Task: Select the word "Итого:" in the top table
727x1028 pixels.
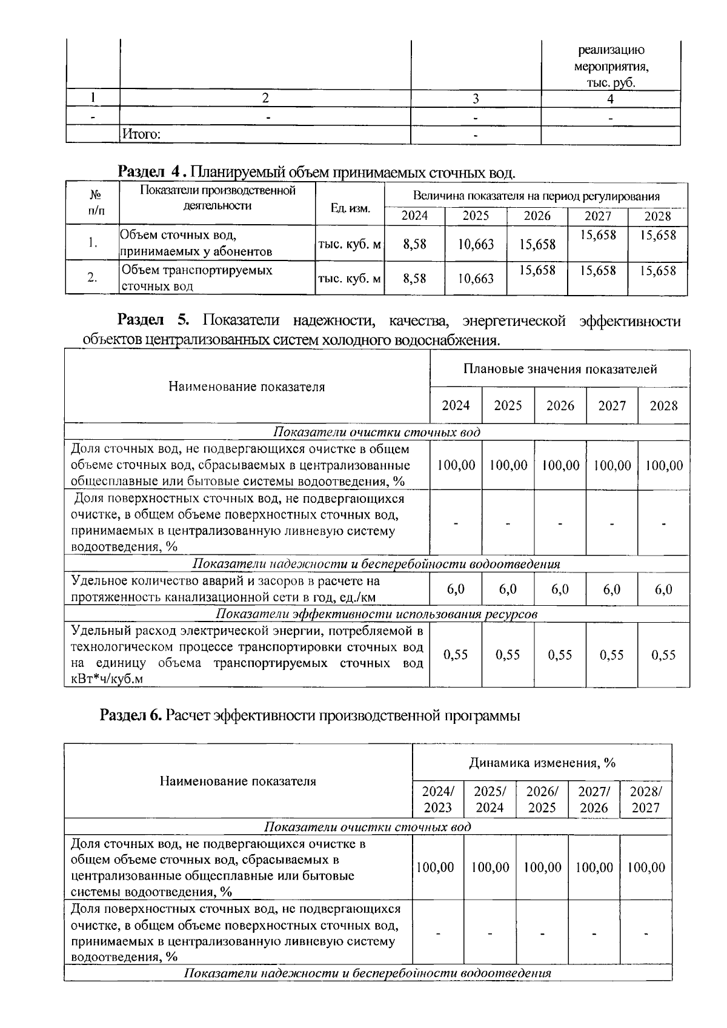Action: coord(141,134)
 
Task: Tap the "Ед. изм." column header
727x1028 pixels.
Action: coord(350,208)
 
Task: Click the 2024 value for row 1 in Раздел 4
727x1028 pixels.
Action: coord(414,244)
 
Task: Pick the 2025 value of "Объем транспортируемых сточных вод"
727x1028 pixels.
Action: coord(476,278)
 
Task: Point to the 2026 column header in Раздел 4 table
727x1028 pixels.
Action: coord(537,216)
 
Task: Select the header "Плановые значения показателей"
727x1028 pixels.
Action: coord(560,369)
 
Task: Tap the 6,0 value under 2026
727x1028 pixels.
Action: coord(560,589)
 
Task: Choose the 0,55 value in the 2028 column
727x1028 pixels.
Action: coord(663,655)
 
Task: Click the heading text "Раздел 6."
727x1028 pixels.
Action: coord(131,715)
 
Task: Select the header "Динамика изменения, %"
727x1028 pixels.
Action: coord(542,763)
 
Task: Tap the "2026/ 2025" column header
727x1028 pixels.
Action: coord(542,799)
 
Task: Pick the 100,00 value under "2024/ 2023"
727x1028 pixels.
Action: coord(437,867)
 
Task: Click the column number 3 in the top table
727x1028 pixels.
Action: coord(476,99)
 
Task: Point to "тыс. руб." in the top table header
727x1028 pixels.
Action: coord(610,84)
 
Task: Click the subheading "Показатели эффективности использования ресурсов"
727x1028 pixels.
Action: coord(376,614)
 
